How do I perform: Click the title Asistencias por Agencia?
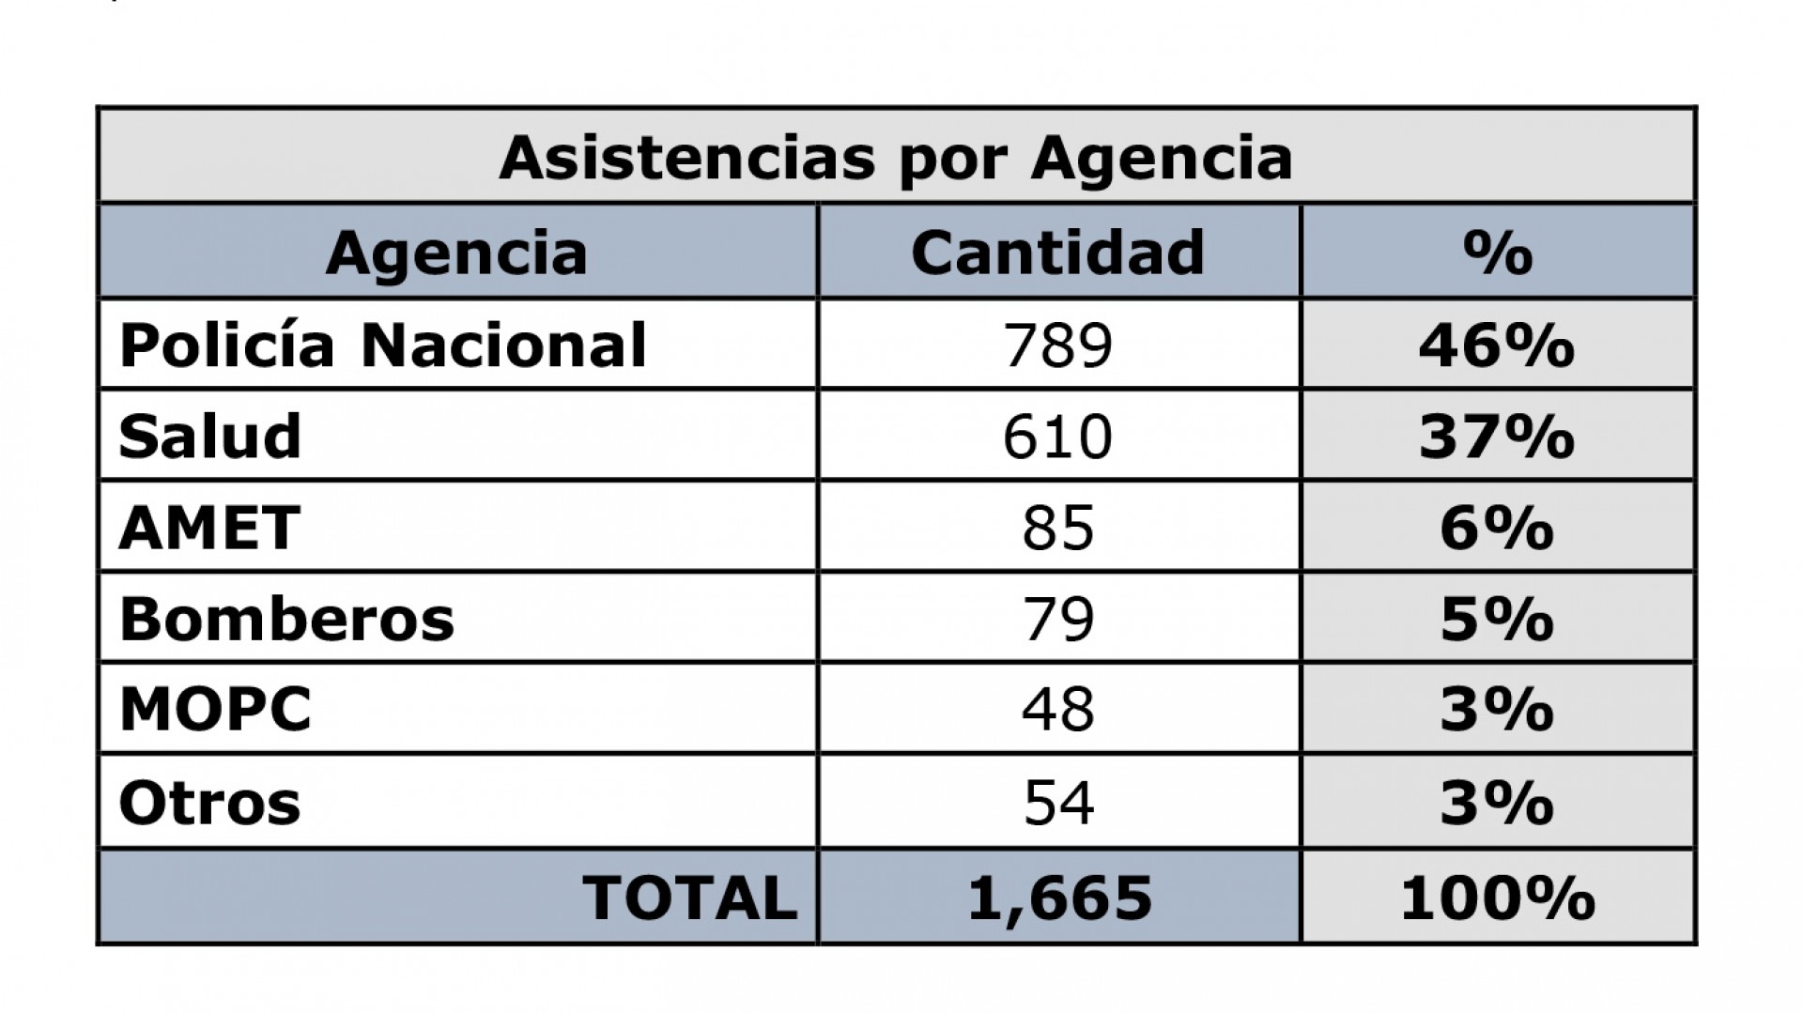[x=896, y=158]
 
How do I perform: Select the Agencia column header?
[x=456, y=253]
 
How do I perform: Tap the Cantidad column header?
[x=1057, y=253]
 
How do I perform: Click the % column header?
[x=1497, y=253]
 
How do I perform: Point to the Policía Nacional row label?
[x=383, y=345]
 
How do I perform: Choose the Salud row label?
[x=210, y=437]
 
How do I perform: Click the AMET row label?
[x=210, y=528]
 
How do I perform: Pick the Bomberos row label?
[x=287, y=620]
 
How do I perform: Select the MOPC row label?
[x=216, y=710]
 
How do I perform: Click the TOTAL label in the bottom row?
[x=690, y=898]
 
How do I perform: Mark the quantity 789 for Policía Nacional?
[x=1057, y=345]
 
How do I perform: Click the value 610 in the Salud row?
[x=1057, y=437]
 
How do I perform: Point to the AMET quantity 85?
[x=1058, y=528]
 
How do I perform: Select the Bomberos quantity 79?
[x=1058, y=620]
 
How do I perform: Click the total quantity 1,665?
[x=1059, y=898]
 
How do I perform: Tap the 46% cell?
[x=1497, y=345]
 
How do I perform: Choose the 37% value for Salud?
[x=1497, y=437]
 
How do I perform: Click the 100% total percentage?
[x=1497, y=898]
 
